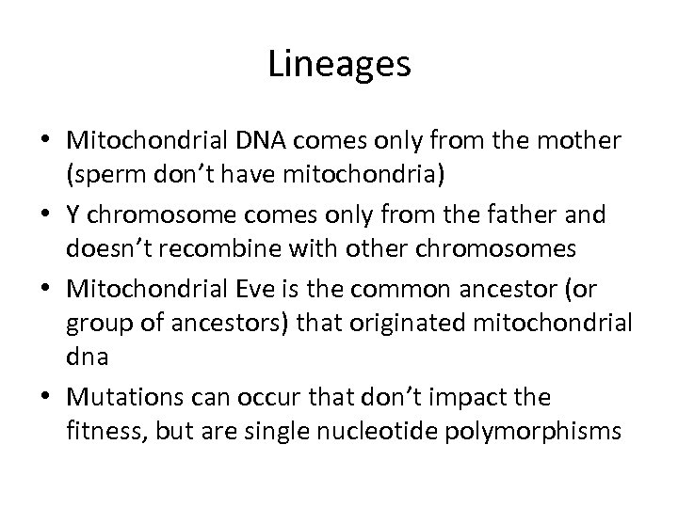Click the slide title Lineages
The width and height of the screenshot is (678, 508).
338,64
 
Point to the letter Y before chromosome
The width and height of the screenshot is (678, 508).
73,214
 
